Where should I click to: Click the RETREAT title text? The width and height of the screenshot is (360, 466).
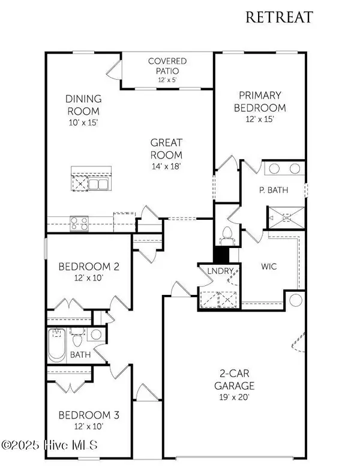pyautogui.click(x=279, y=17)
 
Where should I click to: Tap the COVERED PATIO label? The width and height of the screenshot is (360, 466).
pyautogui.click(x=167, y=66)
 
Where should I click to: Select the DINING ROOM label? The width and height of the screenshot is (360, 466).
pyautogui.click(x=83, y=105)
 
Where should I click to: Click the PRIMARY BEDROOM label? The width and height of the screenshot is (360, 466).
pyautogui.click(x=262, y=101)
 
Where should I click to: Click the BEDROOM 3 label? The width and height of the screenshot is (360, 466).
pyautogui.click(x=83, y=415)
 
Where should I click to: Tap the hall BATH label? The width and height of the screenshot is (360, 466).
pyautogui.click(x=80, y=355)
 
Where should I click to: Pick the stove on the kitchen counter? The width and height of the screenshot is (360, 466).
pyautogui.click(x=79, y=224)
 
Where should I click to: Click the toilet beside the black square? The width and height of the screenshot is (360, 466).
pyautogui.click(x=227, y=232)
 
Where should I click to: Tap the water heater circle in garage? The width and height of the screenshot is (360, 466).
pyautogui.click(x=295, y=300)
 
